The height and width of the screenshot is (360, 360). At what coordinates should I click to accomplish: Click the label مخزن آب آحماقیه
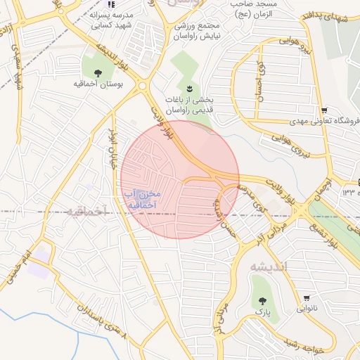(x=141, y=199)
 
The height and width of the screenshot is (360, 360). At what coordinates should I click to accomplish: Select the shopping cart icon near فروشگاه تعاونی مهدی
(x=323, y=110)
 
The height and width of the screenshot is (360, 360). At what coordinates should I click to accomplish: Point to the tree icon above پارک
(x=262, y=297)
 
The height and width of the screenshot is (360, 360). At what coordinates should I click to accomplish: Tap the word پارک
(x=262, y=310)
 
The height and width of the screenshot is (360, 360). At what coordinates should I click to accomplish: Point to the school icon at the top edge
(x=111, y=4)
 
